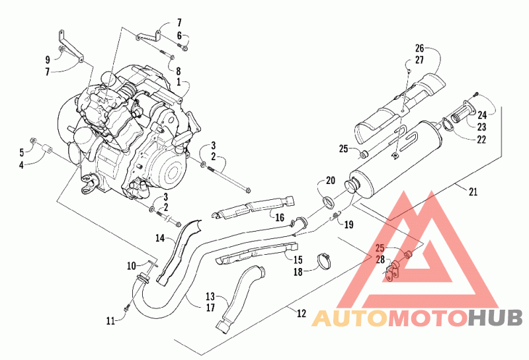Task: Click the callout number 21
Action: (x=473, y=191)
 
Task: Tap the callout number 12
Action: (x=302, y=313)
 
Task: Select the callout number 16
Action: (x=280, y=217)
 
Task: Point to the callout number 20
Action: (x=331, y=181)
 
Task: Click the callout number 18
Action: (x=298, y=271)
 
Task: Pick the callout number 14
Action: (x=160, y=238)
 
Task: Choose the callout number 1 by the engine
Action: (x=179, y=81)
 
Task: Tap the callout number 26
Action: (x=419, y=48)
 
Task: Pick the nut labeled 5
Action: (x=34, y=140)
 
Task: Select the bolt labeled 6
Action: (x=184, y=47)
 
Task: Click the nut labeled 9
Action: (x=61, y=50)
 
